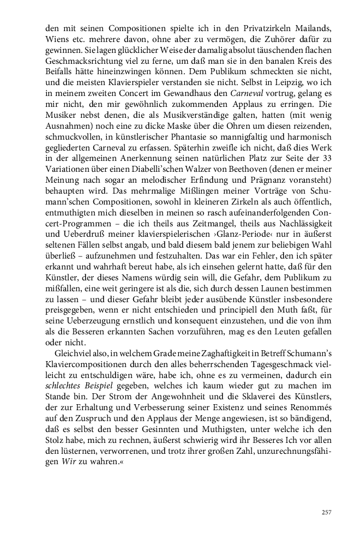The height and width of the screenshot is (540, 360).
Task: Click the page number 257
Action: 326,512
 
